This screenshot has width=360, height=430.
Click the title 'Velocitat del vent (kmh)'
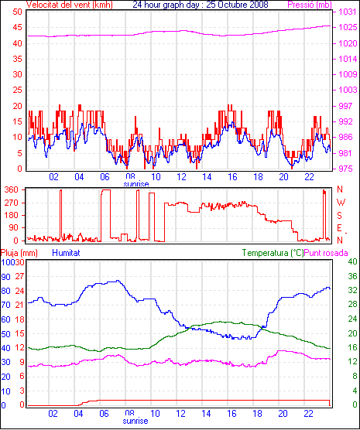[x=69, y=5]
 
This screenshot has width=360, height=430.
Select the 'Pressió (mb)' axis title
[x=310, y=5]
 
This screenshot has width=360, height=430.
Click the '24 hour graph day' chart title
[x=168, y=5]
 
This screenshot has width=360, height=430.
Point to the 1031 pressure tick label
[x=348, y=12]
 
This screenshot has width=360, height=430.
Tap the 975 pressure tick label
[x=348, y=169]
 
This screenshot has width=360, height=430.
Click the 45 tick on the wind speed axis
[x=17, y=28]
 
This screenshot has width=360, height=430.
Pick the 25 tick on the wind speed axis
[x=17, y=90]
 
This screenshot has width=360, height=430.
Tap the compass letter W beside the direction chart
[x=341, y=203]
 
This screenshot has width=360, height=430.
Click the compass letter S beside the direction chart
[x=339, y=216]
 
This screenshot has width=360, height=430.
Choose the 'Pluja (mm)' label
[x=19, y=253]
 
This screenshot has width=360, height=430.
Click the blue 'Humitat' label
[x=66, y=253]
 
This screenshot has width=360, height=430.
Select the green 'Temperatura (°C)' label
[x=273, y=253]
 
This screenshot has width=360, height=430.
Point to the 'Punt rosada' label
[x=326, y=253]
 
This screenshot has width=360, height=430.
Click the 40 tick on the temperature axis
[x=352, y=261]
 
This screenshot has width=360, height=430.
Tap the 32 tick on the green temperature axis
[x=352, y=290]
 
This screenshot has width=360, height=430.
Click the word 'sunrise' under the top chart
[x=136, y=184]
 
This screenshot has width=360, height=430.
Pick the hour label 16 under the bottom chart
[x=231, y=413]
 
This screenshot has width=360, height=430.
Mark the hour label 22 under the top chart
[x=309, y=177]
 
